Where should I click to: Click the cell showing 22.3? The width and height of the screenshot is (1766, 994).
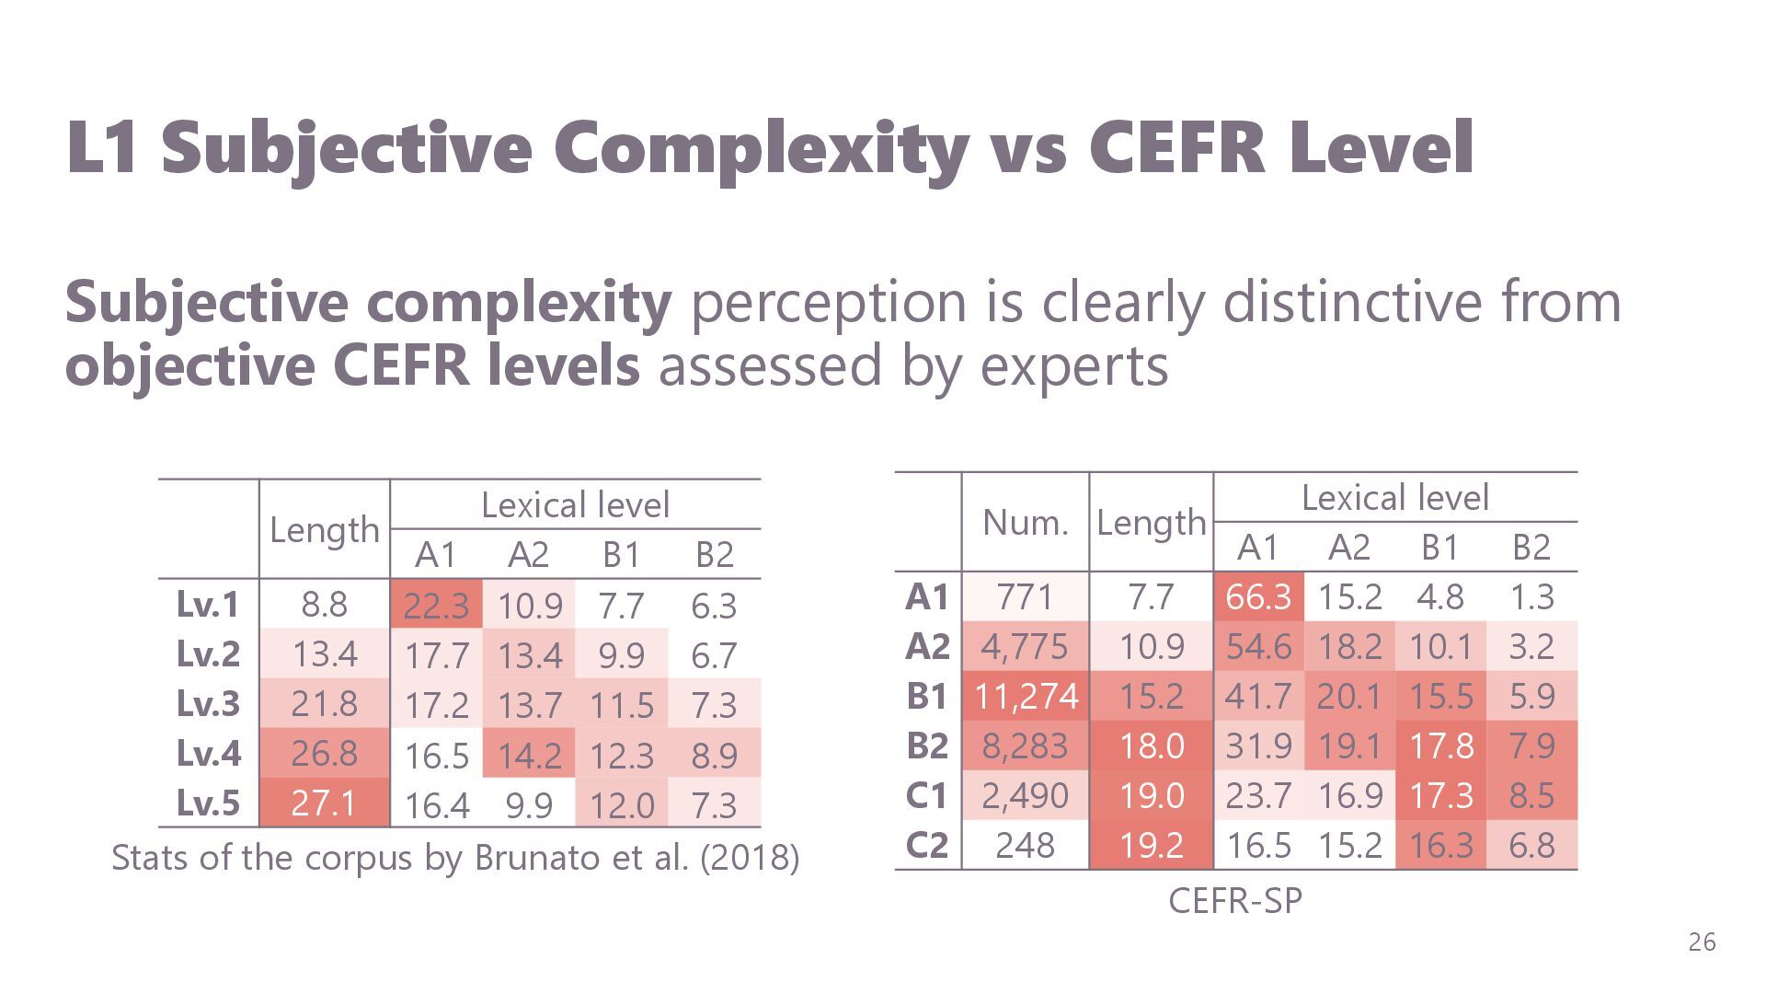[x=436, y=606]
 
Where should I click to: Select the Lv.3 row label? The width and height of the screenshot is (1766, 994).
[x=208, y=703]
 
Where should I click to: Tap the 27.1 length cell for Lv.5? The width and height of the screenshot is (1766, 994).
[x=324, y=803]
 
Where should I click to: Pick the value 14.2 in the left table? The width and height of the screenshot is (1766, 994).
[x=529, y=755]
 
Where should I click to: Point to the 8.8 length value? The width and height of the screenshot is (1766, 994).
[x=324, y=605]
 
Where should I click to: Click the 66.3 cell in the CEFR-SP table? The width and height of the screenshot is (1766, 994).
[x=1258, y=596]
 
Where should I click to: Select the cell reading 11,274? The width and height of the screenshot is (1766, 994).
[x=1026, y=696]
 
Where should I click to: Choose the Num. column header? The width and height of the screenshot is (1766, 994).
[x=1026, y=523]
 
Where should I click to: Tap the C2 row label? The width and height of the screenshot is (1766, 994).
[x=926, y=845]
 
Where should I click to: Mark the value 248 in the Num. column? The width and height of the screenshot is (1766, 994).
[x=1026, y=845]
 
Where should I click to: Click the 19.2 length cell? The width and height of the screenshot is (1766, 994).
[x=1151, y=845]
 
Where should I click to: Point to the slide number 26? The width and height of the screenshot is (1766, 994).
[x=1702, y=942]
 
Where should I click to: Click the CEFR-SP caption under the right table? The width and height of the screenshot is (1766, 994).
[x=1235, y=901]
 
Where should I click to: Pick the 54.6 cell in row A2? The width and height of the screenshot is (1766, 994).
[x=1258, y=646]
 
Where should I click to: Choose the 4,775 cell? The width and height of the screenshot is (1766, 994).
[x=1026, y=646]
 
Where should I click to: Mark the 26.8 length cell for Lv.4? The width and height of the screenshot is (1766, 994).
[x=324, y=753]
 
